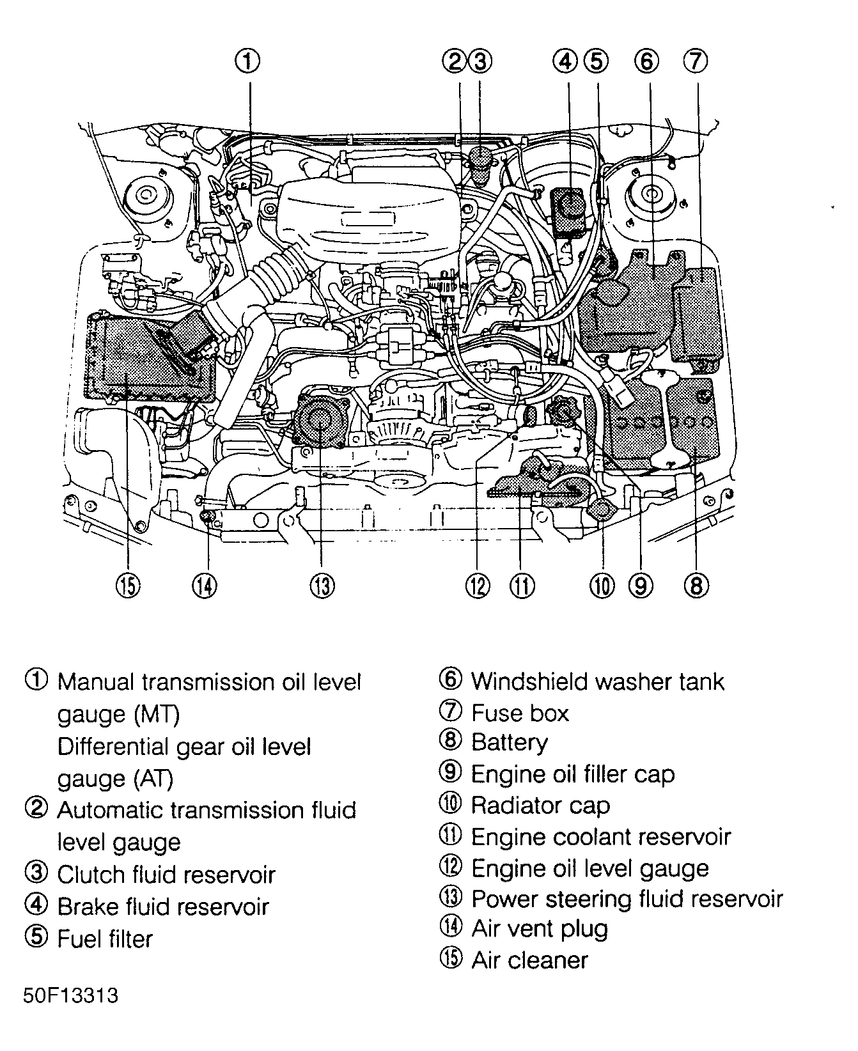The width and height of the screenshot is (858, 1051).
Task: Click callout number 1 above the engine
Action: [249, 61]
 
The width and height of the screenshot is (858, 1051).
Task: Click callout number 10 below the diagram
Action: [602, 584]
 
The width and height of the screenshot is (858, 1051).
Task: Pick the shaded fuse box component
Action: [699, 313]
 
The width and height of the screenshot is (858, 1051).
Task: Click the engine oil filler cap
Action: [561, 409]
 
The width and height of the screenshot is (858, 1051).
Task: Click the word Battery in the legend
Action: [509, 742]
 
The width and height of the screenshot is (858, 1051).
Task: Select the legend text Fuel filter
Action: [105, 938]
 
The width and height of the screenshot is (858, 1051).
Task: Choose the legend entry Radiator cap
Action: [540, 805]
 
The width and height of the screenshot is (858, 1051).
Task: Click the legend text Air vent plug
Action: [540, 928]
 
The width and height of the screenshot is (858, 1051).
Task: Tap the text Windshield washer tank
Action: [597, 681]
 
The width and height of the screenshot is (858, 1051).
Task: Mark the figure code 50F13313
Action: [70, 995]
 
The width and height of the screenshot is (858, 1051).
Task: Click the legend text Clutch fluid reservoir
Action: [166, 874]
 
